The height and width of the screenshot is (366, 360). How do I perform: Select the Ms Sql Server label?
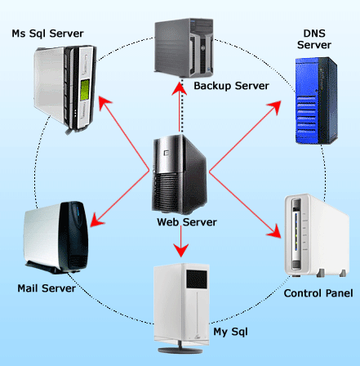48,34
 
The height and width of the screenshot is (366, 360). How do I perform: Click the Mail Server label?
47,288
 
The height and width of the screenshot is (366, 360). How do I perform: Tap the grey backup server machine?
185,46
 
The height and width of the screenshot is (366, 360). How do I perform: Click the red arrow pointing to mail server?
118,199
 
